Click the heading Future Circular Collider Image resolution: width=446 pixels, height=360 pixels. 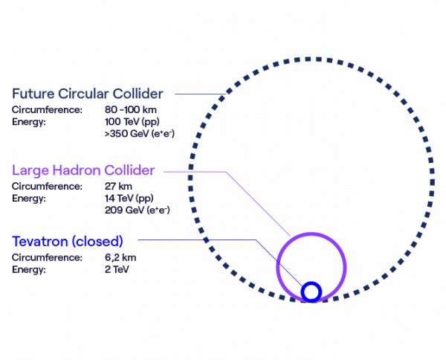pos(88,94)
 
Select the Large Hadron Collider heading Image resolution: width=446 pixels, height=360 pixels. pos(83,171)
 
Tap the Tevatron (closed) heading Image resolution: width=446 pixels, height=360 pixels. pos(67,242)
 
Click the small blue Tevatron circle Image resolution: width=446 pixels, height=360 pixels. pos(312,292)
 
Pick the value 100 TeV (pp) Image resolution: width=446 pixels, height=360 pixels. pos(131,122)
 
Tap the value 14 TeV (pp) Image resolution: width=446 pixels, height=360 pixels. pos(129,198)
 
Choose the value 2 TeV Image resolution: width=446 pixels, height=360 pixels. pos(117,269)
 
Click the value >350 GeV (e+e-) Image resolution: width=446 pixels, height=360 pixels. pos(139,135)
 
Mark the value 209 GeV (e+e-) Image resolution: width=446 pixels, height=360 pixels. pos(138,210)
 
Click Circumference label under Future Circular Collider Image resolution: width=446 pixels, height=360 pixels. pos(47,110)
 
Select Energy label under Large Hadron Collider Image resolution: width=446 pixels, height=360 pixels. pos(29,198)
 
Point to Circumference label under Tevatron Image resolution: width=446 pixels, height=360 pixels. pos(47,257)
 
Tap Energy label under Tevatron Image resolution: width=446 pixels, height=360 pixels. pos(29,269)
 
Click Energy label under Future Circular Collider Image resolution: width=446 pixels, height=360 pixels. pos(29,122)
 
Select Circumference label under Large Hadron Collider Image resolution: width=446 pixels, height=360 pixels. pos(47,186)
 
